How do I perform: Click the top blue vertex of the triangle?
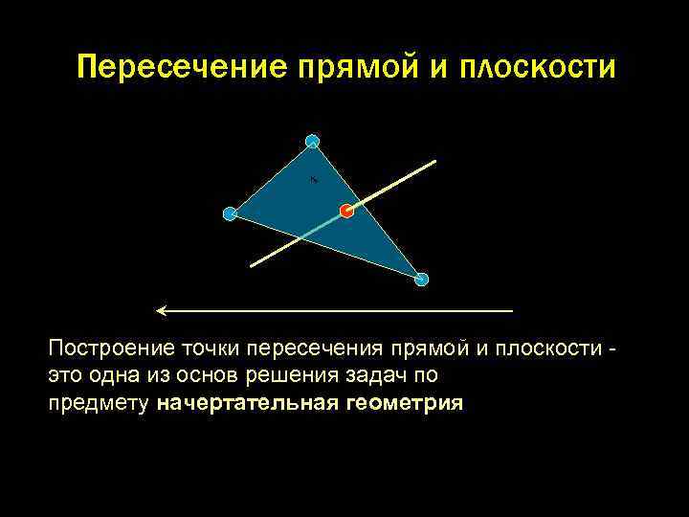312,142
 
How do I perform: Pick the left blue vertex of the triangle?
230,214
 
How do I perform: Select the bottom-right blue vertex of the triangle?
421,280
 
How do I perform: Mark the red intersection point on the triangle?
346,211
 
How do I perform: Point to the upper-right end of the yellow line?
435,161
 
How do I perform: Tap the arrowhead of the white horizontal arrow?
161,311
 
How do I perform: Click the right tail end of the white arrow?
512,311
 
